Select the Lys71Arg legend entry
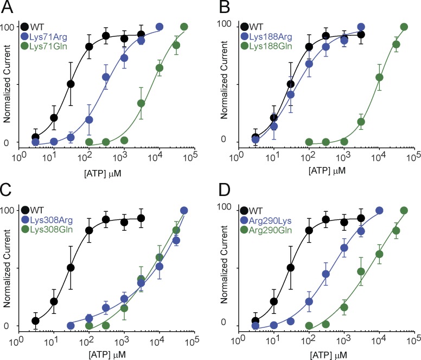tap(49, 36)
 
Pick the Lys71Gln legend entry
tap(49, 47)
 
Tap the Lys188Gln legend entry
tap(267, 47)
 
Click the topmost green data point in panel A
tap(184, 27)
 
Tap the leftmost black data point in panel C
tap(36, 320)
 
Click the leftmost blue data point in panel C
tap(71, 325)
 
